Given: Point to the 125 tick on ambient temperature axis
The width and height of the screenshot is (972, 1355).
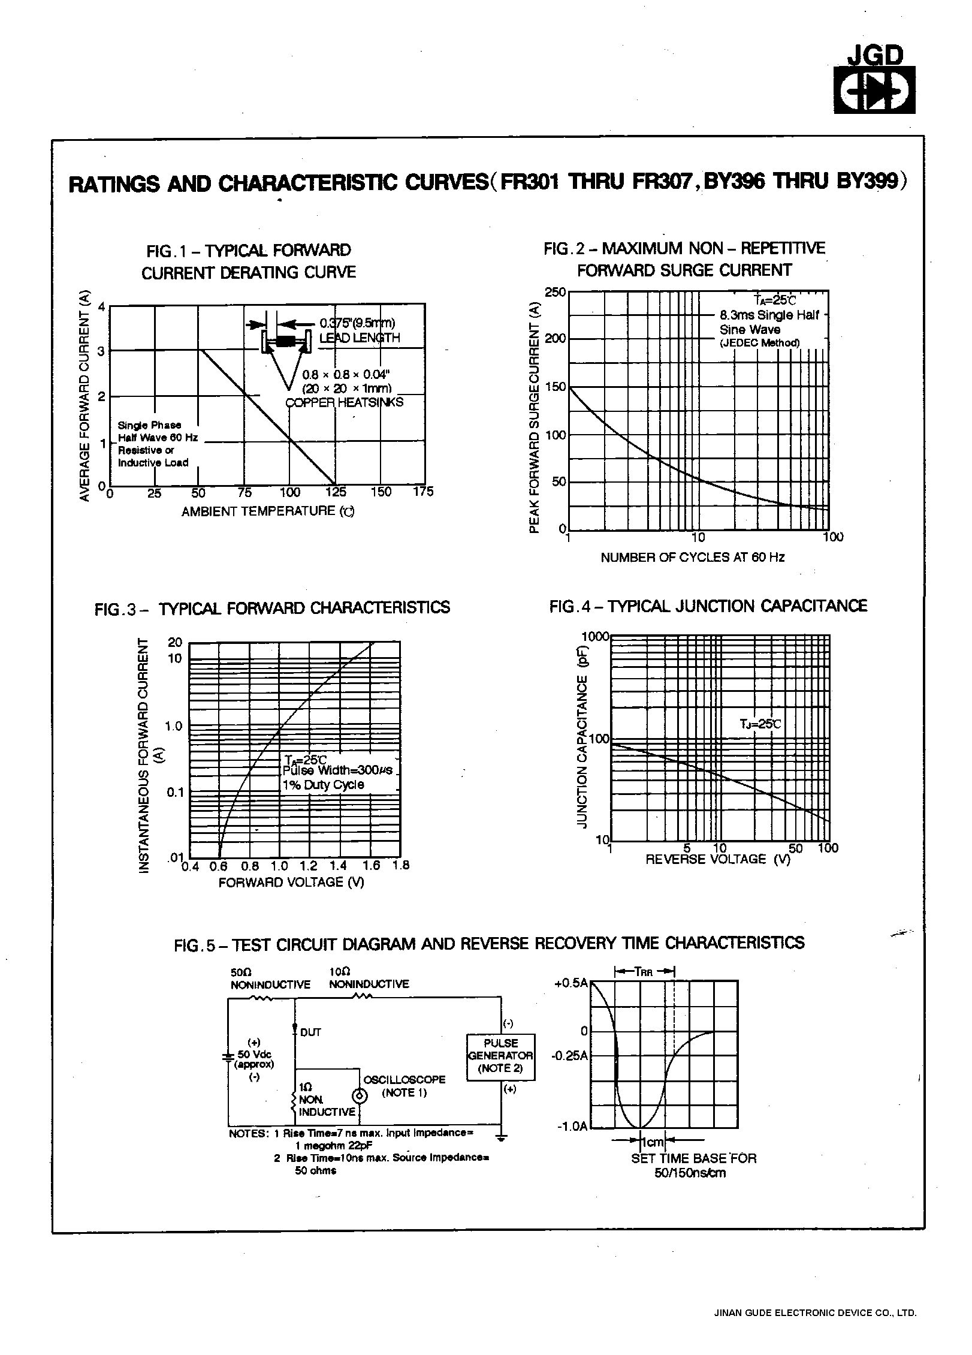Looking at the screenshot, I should [x=336, y=493].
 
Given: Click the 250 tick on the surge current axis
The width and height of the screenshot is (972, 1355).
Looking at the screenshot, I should [x=554, y=292].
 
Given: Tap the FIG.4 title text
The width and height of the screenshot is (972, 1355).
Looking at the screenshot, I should [x=708, y=606].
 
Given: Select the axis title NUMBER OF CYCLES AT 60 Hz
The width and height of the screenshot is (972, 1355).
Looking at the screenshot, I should [x=692, y=558].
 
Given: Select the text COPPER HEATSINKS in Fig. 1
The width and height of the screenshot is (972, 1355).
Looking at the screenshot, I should [x=344, y=402].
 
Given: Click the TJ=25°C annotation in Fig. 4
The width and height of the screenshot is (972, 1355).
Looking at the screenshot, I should [x=760, y=724].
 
